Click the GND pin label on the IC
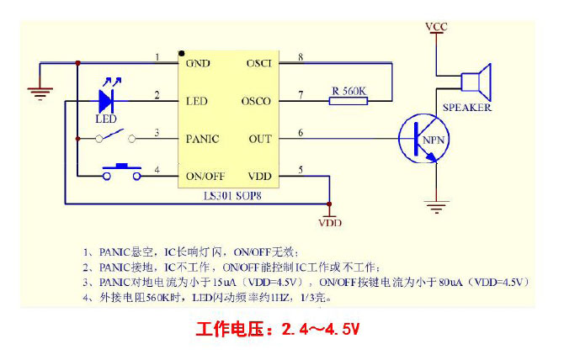coord(199,64)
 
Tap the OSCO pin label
coord(258,101)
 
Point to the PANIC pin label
coord(202,138)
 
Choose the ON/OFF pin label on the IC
coord(205,176)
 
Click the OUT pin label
coord(260,138)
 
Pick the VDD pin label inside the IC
coord(259,176)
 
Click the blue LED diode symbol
coord(107,100)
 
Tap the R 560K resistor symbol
coord(349,100)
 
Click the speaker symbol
coord(476,82)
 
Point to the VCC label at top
coord(436,28)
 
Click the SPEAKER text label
coord(467,108)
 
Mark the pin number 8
coord(301,57)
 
